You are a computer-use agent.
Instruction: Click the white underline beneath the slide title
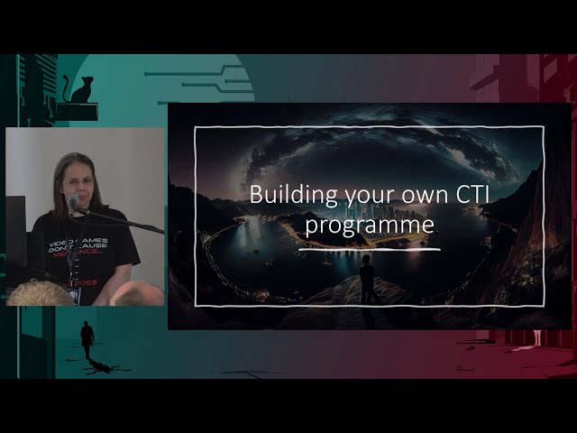[369, 249]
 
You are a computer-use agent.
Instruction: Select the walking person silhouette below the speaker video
[87, 339]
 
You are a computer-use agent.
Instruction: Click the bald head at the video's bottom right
[138, 293]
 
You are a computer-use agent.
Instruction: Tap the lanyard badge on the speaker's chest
[72, 271]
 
